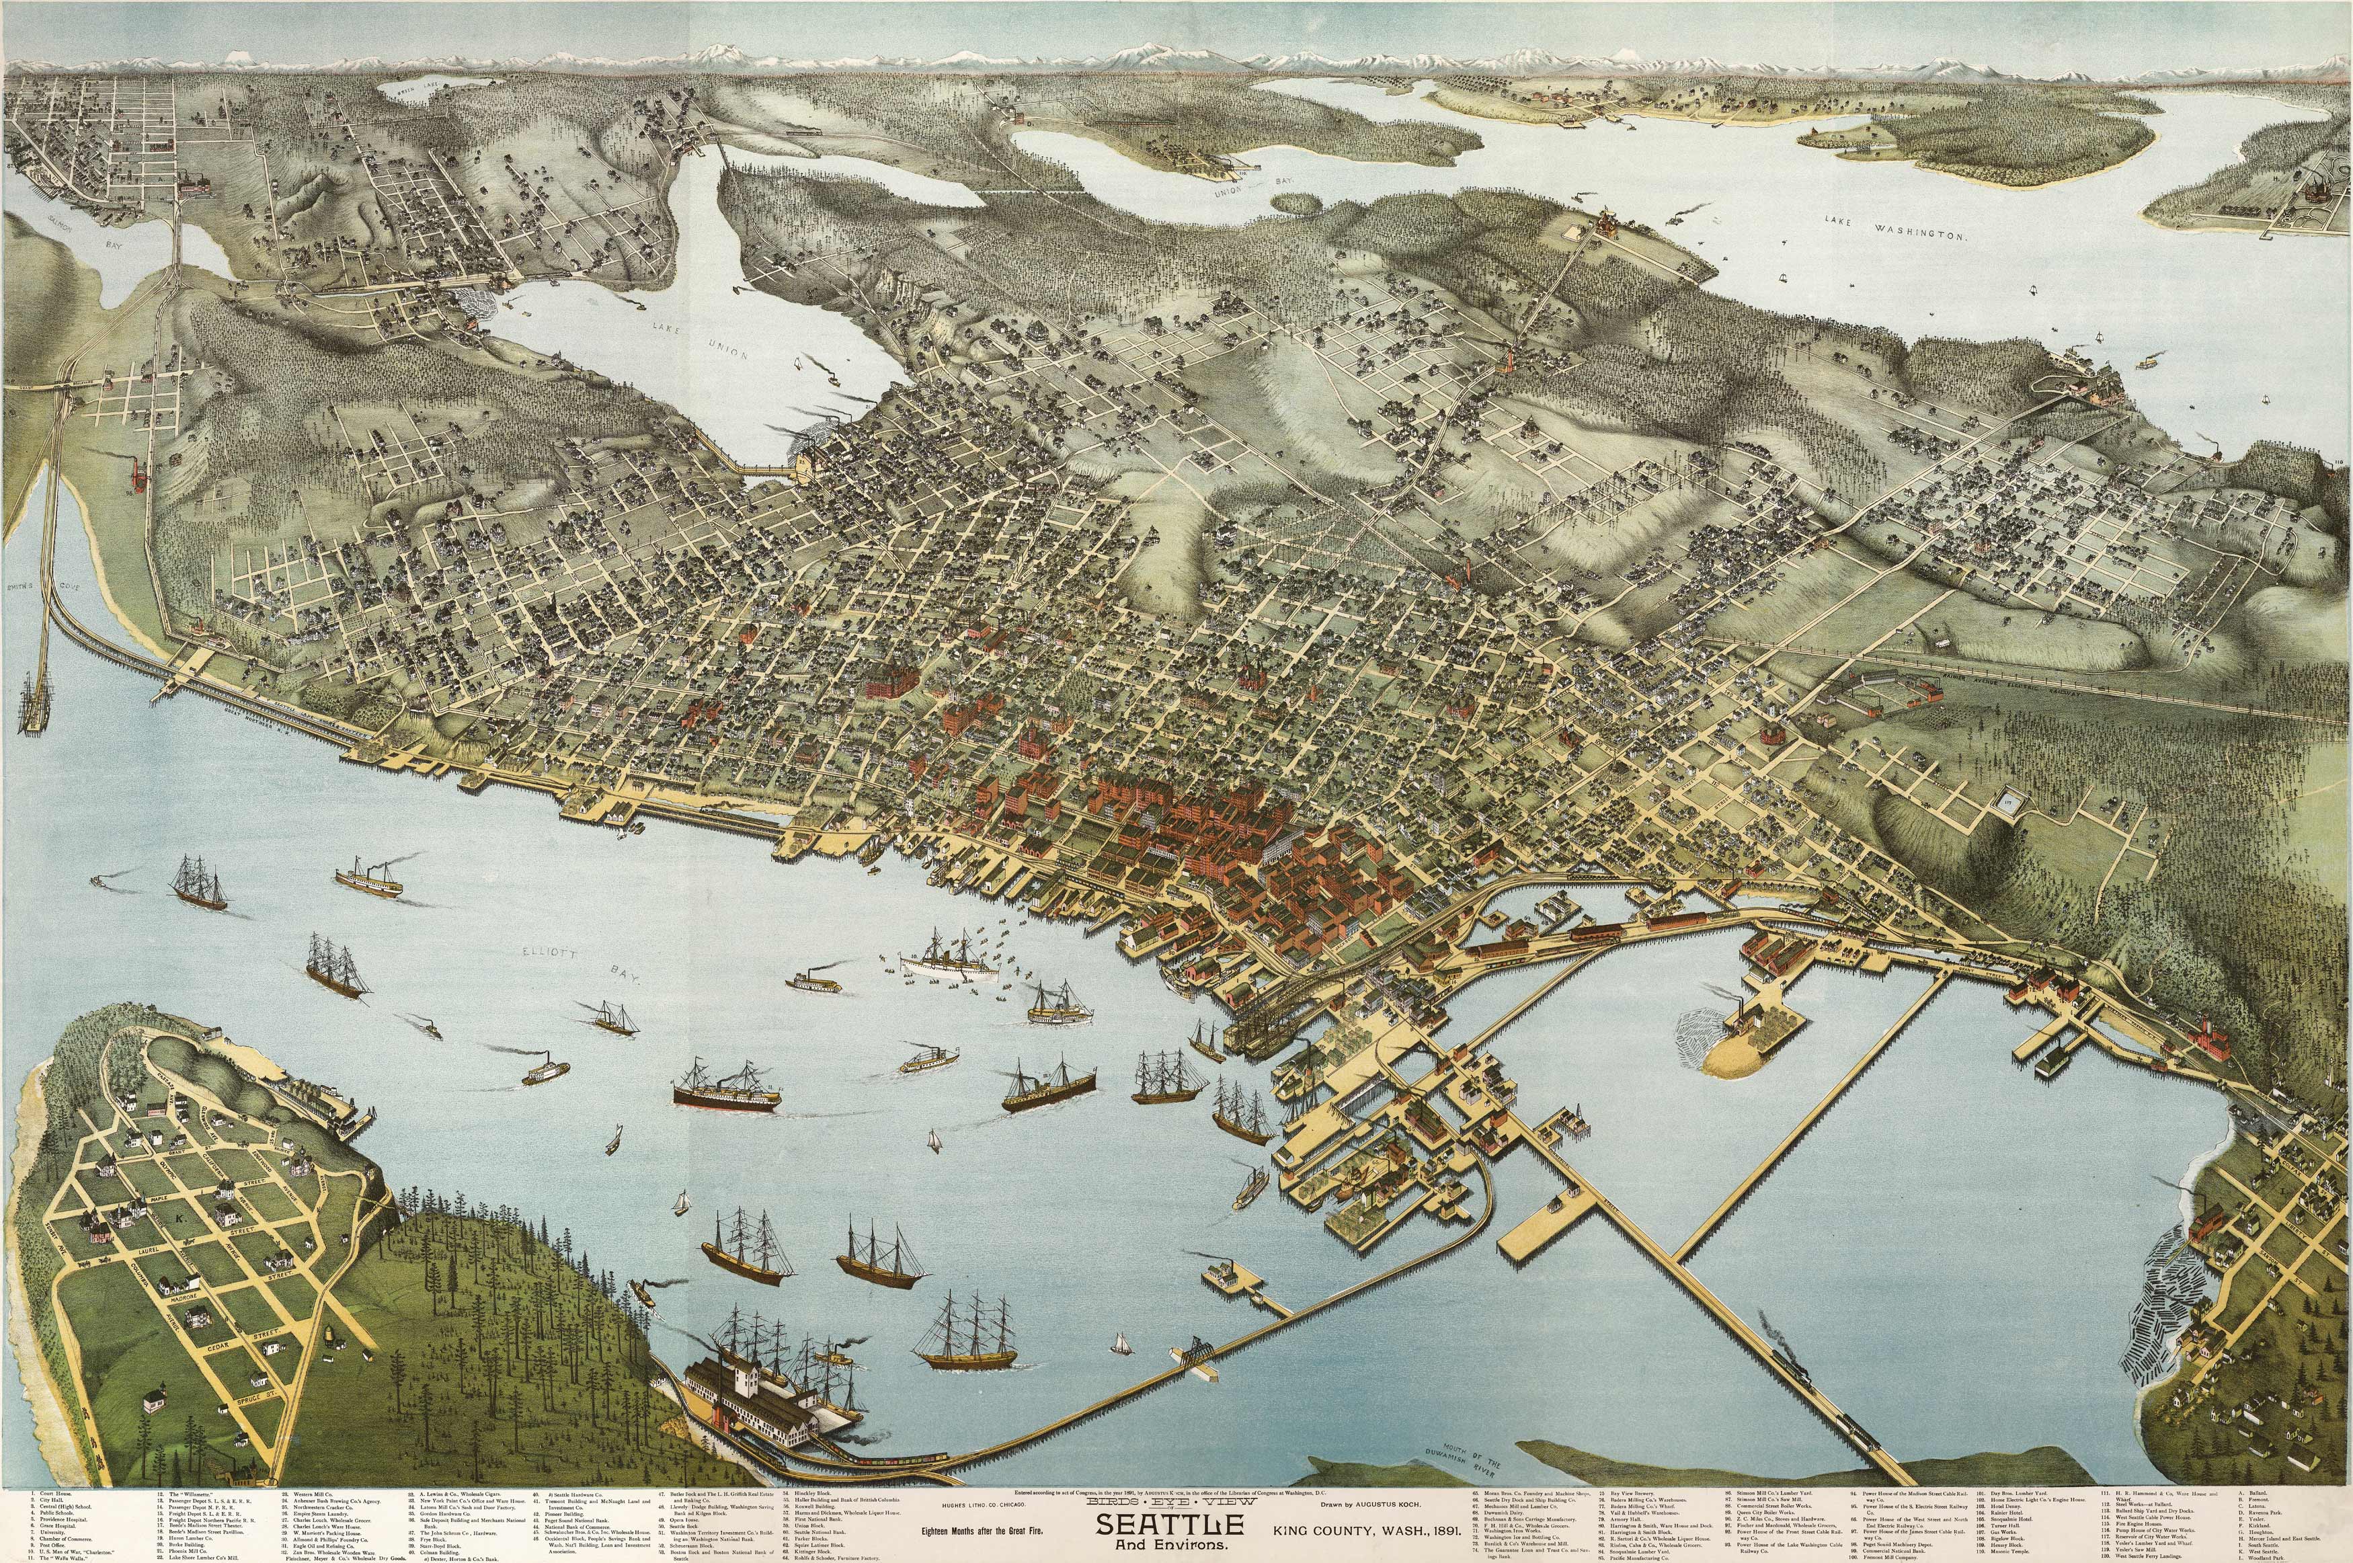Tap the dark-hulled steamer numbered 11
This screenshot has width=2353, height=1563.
tap(727, 1088)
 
